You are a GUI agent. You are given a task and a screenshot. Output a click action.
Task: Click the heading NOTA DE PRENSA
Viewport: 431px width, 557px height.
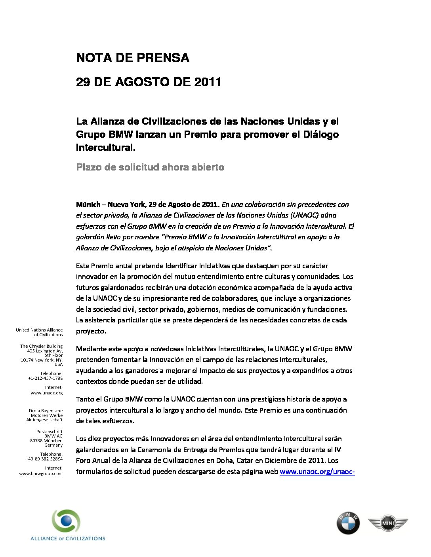(x=133, y=58)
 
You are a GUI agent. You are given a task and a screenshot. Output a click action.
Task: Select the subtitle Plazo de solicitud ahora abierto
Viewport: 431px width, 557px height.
(x=150, y=167)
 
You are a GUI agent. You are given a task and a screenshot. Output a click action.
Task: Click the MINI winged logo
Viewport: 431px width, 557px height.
(x=387, y=524)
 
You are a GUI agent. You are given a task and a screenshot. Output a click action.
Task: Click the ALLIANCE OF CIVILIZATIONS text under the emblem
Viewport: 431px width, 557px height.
(x=68, y=538)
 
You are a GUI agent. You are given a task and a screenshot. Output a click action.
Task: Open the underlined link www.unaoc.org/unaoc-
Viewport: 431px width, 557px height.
(x=317, y=472)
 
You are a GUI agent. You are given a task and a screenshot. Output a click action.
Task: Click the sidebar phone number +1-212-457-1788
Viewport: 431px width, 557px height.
(x=45, y=378)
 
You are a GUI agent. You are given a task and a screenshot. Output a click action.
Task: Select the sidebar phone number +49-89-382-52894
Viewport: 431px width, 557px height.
(x=44, y=459)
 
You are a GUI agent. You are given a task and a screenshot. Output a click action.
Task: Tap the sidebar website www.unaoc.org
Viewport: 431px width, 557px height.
(x=46, y=393)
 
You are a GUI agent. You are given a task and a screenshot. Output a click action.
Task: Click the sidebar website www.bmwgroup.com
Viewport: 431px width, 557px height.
(x=41, y=474)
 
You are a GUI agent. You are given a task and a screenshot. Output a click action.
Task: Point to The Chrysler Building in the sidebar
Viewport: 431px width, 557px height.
(x=41, y=346)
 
